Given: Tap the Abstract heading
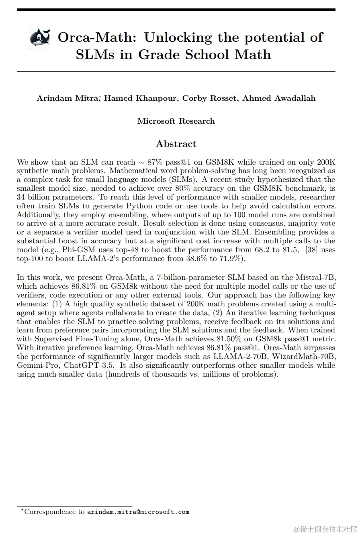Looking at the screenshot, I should (x=176, y=144).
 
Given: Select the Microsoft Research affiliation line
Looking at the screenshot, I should (x=176, y=121).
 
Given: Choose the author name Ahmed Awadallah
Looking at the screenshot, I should (x=279, y=98).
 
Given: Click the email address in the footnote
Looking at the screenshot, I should (x=138, y=512).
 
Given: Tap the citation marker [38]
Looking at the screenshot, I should (x=311, y=250).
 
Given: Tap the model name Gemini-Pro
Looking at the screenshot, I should (x=39, y=366).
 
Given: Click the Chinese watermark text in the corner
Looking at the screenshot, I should (x=325, y=529).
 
